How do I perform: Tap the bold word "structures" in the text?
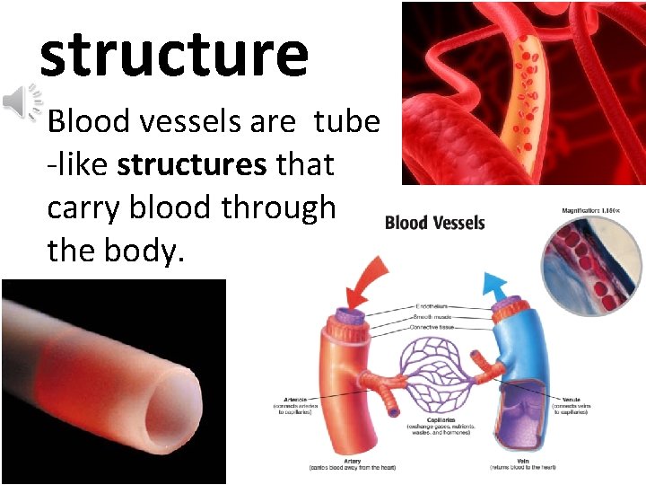click(x=191, y=164)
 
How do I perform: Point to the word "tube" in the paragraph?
click(x=346, y=121)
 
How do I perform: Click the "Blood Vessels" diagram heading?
click(x=434, y=222)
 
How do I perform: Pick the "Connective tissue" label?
click(x=432, y=328)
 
